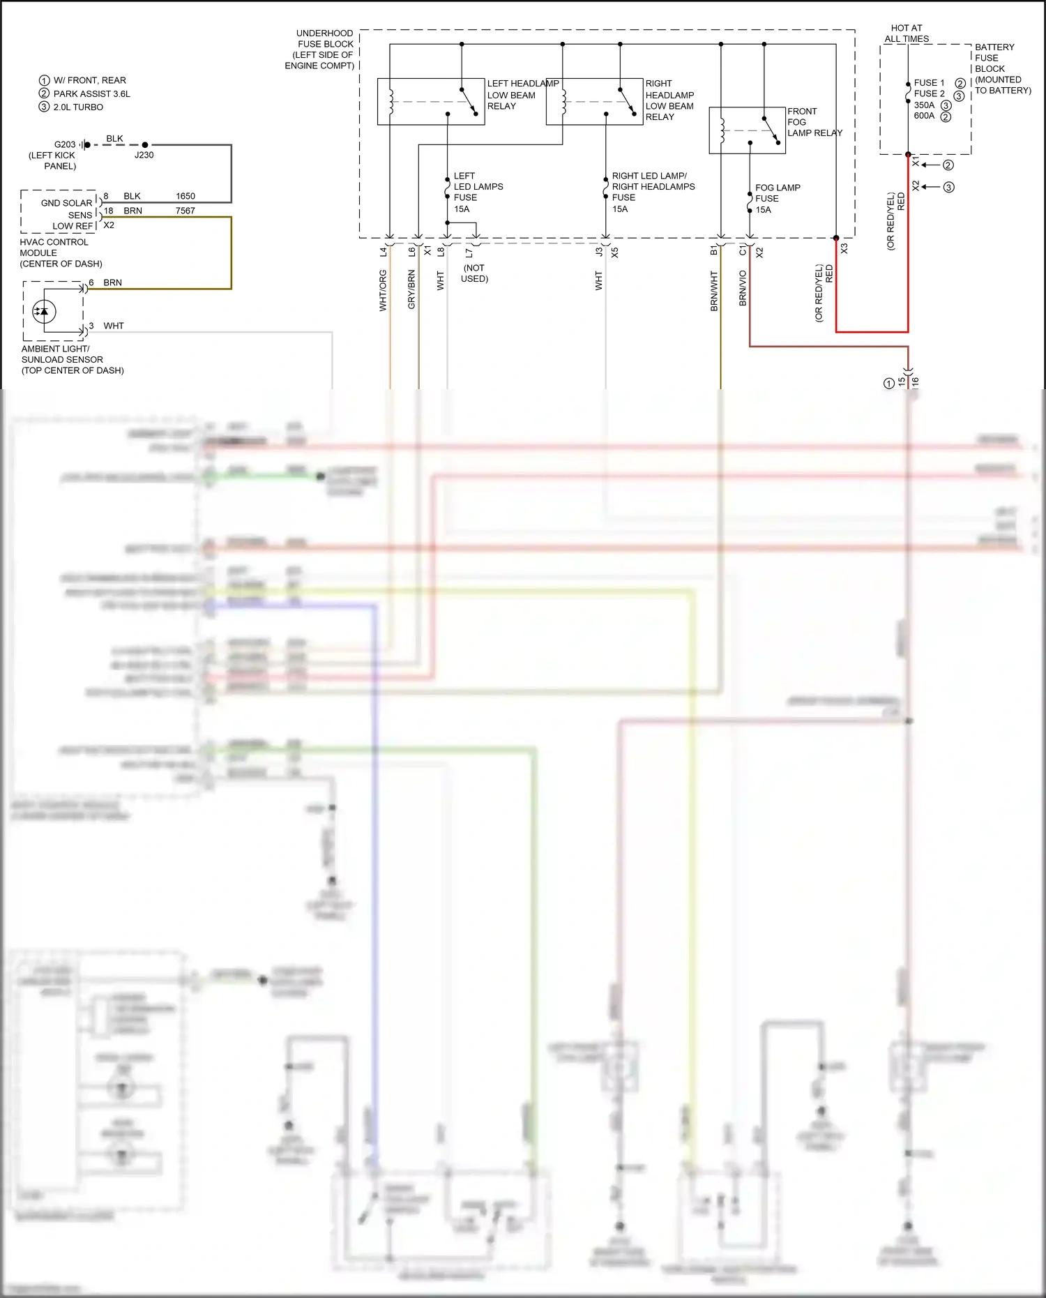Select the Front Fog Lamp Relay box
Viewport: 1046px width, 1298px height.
[747, 130]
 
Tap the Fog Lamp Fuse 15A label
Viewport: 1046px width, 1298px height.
[777, 199]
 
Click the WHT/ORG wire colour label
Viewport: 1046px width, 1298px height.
[383, 291]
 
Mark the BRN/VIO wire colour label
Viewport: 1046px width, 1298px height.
[743, 288]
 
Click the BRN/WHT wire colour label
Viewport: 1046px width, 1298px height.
[714, 291]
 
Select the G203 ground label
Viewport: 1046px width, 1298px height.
[65, 144]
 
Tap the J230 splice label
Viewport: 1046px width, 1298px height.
[144, 155]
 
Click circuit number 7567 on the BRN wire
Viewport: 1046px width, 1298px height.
[185, 211]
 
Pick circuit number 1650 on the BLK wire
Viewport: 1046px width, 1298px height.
[185, 196]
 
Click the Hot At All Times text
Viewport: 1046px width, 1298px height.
[906, 33]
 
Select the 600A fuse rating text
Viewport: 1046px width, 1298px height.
[924, 116]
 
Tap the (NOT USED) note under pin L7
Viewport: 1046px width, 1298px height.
[474, 273]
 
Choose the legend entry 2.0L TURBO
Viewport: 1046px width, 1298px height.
[78, 107]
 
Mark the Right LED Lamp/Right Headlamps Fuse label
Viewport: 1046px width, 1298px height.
[653, 192]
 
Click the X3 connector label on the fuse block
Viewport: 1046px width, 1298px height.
[844, 248]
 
